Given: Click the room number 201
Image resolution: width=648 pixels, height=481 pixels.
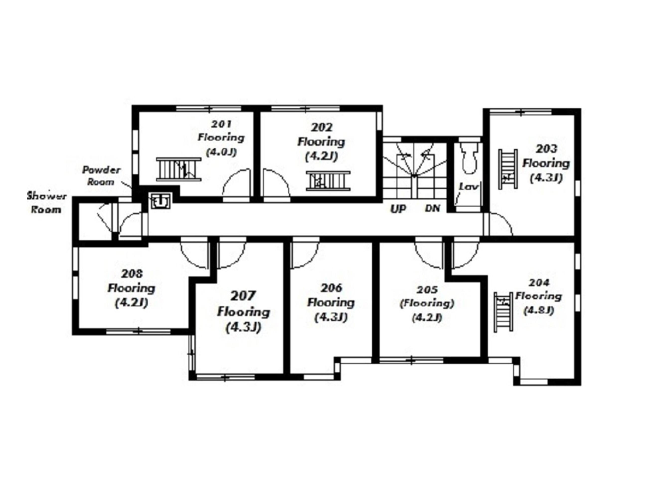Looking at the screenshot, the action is (x=221, y=124).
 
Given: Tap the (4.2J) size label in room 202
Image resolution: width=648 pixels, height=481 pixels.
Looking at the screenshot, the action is (x=321, y=157).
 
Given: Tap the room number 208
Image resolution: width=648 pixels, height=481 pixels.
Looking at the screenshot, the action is (x=132, y=273).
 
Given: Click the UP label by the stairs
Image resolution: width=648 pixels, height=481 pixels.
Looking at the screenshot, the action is (x=398, y=209).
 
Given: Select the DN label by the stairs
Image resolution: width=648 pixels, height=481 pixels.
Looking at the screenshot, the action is (x=433, y=208).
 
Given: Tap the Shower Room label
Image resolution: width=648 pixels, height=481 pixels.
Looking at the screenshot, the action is (x=47, y=203).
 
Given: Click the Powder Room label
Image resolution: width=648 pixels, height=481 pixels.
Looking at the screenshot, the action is (x=101, y=176).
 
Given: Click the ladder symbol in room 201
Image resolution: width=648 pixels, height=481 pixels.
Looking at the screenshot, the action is (x=179, y=169).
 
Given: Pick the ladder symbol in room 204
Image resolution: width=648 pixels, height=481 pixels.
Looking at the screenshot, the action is (x=503, y=312).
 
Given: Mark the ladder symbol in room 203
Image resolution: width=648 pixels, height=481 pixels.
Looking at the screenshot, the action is (x=508, y=169).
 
